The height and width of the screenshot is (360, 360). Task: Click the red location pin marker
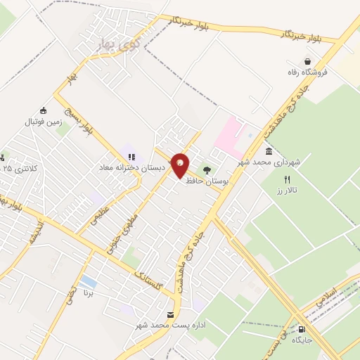pos(180,166)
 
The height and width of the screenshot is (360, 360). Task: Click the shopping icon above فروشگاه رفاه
pos(307,62)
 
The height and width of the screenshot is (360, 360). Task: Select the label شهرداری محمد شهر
pos(269,162)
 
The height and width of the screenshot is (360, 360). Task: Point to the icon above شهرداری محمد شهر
pos(269,152)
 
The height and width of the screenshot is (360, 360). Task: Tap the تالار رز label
pos(288,191)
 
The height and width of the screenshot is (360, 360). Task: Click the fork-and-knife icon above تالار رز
pos(287,180)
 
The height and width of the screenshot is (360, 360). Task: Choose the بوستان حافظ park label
pos(209,181)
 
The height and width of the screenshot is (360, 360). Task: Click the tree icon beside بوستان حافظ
pos(207,169)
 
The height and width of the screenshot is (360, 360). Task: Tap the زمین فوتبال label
pos(44,122)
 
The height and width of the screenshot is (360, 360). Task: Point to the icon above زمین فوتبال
pos(43,110)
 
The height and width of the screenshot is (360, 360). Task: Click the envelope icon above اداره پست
pos(169,314)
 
